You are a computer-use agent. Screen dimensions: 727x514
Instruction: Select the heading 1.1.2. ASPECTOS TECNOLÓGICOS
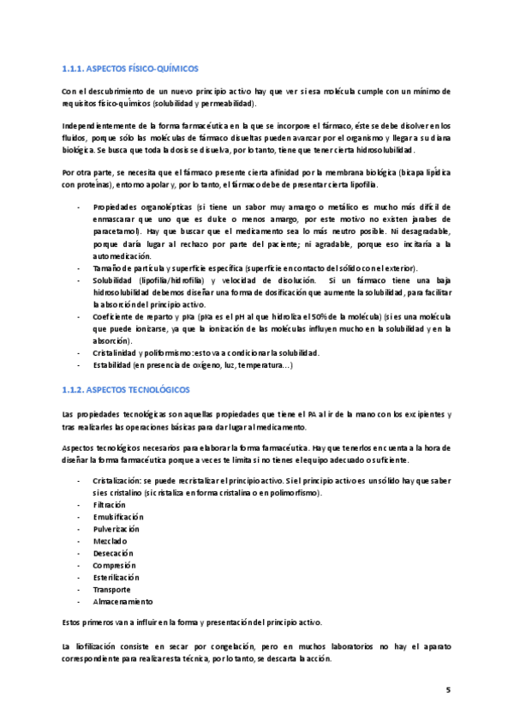click(x=126, y=389)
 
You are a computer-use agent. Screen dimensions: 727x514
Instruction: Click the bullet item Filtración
click(x=110, y=505)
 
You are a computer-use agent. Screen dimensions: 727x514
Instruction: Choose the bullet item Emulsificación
click(x=118, y=517)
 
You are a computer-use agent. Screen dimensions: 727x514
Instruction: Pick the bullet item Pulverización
click(x=116, y=529)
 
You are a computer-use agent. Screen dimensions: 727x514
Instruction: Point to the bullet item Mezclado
click(x=110, y=542)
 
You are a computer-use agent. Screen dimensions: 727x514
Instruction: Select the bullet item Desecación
click(x=112, y=554)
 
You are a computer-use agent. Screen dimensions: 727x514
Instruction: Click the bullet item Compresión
click(x=114, y=566)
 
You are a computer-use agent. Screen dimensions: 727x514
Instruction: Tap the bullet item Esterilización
click(x=117, y=578)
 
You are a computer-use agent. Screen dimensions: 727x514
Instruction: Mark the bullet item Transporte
click(x=111, y=590)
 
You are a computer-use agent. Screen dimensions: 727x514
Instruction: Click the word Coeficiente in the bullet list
click(x=115, y=316)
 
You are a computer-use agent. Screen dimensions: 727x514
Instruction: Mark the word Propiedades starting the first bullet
click(x=117, y=207)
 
